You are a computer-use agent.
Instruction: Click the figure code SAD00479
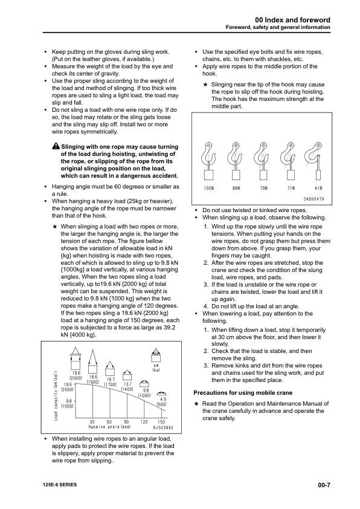313,199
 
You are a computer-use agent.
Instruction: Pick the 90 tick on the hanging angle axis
126,421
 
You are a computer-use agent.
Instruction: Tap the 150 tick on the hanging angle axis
161,421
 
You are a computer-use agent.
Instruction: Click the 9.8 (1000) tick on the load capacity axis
52,404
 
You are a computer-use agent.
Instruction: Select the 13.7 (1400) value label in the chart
127,387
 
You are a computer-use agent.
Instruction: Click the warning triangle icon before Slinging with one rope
56,147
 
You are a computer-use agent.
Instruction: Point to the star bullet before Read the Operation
196,404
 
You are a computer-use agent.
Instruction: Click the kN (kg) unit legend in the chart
156,368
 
